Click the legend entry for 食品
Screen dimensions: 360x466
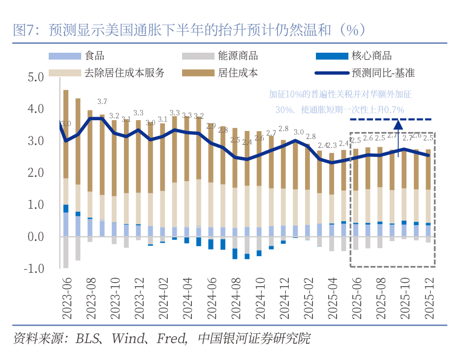click(x=94, y=56)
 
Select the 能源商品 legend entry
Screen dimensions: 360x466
click(x=238, y=56)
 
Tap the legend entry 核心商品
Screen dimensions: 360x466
click(x=372, y=56)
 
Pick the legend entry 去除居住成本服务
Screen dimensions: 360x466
click(x=124, y=73)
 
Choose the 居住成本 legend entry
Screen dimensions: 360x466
click(x=238, y=73)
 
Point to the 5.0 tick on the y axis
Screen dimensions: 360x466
click(x=36, y=77)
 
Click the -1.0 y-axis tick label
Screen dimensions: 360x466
click(x=34, y=269)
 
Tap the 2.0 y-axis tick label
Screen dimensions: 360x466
click(x=36, y=173)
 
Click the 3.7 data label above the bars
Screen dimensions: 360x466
click(x=102, y=101)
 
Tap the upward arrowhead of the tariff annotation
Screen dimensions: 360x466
click(x=398, y=123)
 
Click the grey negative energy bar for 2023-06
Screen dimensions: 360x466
click(x=65, y=252)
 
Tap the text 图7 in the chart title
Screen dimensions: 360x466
click(x=23, y=31)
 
